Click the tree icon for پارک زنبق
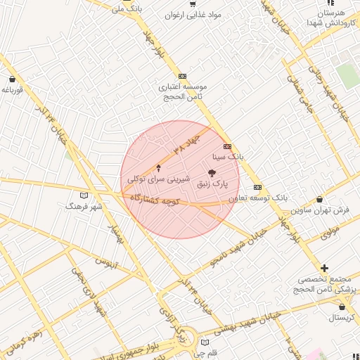pyautogui.click(x=212, y=172)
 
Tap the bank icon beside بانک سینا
pyautogui.click(x=227, y=146)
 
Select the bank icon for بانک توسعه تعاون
pyautogui.click(x=257, y=187)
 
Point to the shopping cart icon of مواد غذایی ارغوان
pyautogui.click(x=193, y=4)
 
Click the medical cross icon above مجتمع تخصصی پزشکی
pyautogui.click(x=324, y=268)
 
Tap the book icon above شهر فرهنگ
pyautogui.click(x=84, y=195)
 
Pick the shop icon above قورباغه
pyautogui.click(x=13, y=79)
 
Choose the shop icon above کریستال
pyautogui.click(x=342, y=307)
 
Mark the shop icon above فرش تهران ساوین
pyautogui.click(x=321, y=199)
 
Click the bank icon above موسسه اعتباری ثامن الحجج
pyautogui.click(x=183, y=76)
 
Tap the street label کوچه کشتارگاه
pyautogui.click(x=155, y=200)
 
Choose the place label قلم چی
pyautogui.click(x=205, y=353)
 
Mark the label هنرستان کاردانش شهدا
pyautogui.click(x=331, y=18)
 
